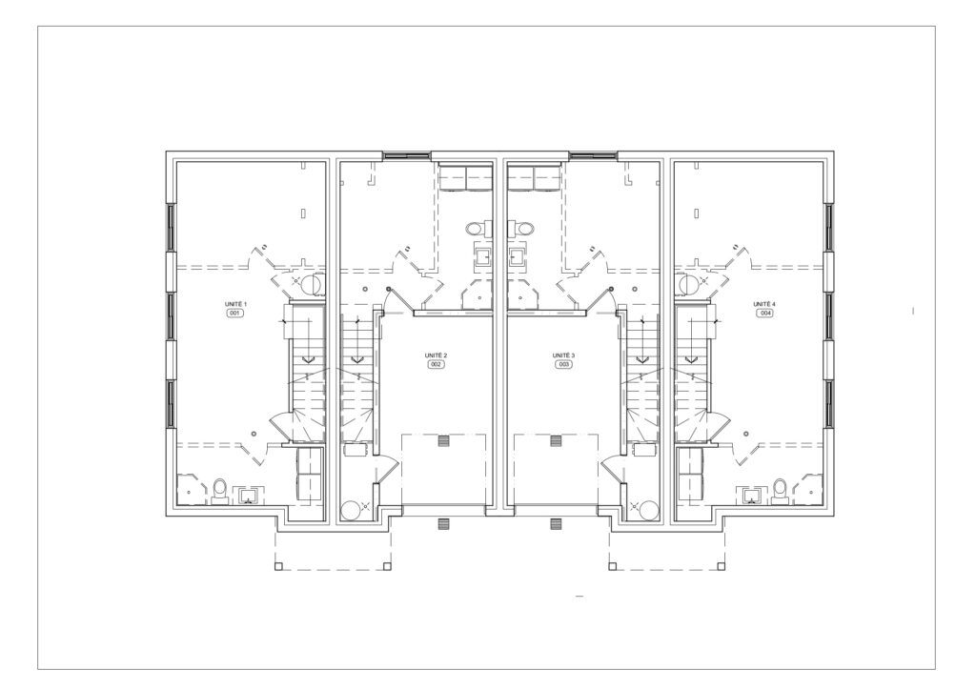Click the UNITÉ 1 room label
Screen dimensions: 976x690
(236, 304)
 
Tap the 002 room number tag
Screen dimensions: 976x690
(436, 365)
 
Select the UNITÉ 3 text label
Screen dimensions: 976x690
(564, 355)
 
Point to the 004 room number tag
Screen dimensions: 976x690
(765, 313)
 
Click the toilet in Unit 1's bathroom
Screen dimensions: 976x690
(219, 490)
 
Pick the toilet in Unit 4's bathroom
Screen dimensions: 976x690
(781, 490)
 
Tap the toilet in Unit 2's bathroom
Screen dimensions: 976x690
(477, 228)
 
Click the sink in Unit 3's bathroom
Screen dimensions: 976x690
(516, 256)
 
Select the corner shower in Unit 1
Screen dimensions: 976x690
(191, 490)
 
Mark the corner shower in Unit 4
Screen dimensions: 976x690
(810, 490)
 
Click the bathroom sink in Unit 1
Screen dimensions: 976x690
(249, 496)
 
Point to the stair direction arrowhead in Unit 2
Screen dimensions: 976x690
(357, 359)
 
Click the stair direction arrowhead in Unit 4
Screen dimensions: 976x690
(690, 359)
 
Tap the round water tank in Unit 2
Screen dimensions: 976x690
(351, 510)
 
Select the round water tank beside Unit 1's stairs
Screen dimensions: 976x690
(311, 286)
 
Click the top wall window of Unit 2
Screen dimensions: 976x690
(406, 155)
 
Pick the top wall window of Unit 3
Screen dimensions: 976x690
(593, 155)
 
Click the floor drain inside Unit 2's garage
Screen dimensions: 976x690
(443, 441)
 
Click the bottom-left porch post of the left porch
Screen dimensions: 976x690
(278, 566)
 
